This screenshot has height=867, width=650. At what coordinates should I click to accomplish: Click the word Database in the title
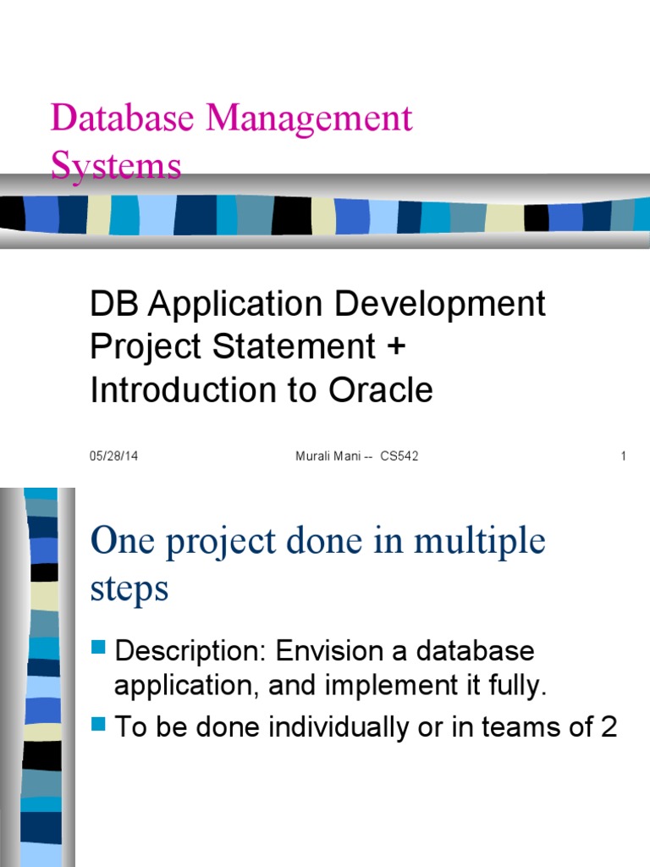tap(123, 118)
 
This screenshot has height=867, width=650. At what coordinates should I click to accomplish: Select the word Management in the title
tap(308, 119)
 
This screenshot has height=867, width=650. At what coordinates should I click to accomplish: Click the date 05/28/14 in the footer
tap(113, 456)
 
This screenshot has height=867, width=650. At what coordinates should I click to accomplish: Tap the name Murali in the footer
tap(314, 456)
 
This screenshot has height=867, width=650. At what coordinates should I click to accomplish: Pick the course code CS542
tap(399, 456)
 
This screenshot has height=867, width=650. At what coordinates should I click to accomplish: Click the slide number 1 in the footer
tap(623, 456)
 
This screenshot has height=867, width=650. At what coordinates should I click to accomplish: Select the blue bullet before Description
tap(97, 650)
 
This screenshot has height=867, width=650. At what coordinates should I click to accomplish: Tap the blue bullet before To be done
tap(97, 725)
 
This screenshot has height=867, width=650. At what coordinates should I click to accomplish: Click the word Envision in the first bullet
tap(327, 652)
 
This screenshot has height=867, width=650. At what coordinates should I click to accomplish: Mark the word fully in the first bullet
tap(516, 687)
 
